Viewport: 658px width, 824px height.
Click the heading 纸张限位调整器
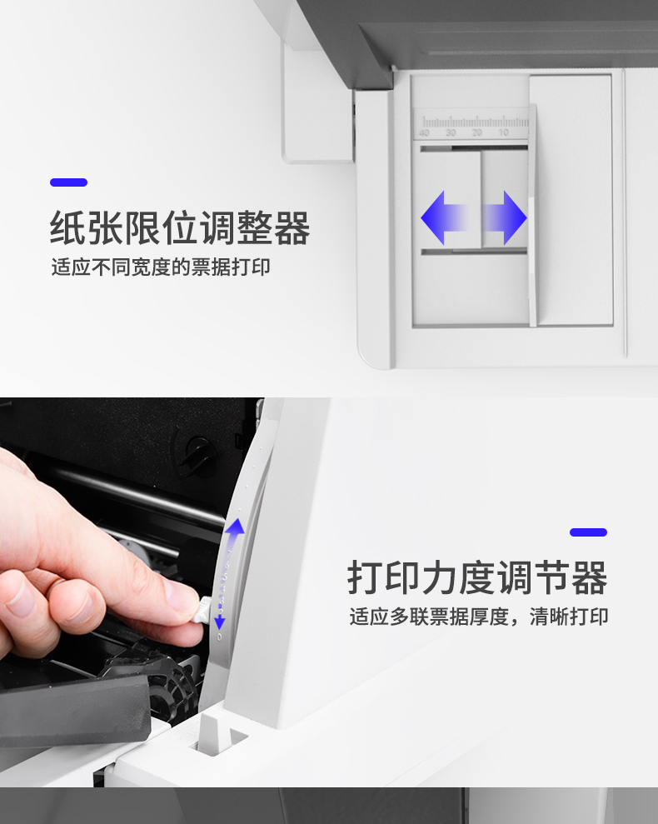pos(180,227)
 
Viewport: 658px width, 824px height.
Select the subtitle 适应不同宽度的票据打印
pos(161,267)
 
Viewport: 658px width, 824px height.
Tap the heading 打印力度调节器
pos(477,577)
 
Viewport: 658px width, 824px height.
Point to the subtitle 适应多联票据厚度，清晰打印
pos(479,617)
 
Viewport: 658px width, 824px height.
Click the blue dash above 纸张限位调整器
pos(69,182)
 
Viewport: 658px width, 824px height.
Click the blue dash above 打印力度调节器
pos(588,532)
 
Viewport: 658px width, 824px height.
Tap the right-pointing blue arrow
pos(503,217)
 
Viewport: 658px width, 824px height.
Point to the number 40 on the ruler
pos(424,133)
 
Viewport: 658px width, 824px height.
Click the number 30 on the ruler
pos(451,133)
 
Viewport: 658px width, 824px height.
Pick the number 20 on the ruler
pos(477,133)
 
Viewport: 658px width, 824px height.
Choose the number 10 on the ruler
pos(503,133)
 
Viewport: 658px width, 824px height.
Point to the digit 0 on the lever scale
pos(219,637)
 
